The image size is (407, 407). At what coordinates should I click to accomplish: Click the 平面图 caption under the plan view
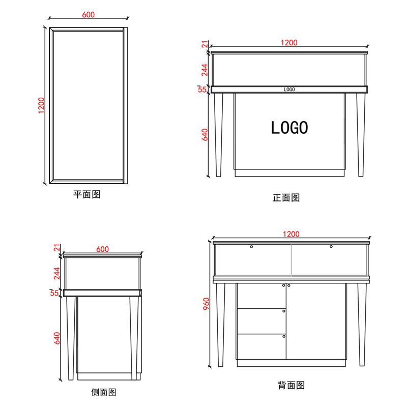click(87, 195)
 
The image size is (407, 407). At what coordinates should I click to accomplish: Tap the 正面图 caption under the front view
click(286, 197)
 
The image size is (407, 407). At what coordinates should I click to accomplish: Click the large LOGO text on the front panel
click(289, 128)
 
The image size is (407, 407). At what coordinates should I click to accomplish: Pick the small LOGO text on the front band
click(289, 90)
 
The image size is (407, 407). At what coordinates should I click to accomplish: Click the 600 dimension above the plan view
click(88, 16)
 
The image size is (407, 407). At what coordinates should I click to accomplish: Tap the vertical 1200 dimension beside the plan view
click(42, 106)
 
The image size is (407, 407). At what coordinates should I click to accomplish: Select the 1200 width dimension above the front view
click(288, 43)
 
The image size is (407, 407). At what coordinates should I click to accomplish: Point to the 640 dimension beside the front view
click(205, 135)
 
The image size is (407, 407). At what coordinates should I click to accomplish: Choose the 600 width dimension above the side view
click(102, 249)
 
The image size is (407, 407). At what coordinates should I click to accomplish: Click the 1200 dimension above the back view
click(291, 234)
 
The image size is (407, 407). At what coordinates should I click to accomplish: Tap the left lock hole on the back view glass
click(252, 247)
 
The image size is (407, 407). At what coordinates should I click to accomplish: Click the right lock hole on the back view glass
click(331, 247)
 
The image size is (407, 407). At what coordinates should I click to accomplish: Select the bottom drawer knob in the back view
click(283, 336)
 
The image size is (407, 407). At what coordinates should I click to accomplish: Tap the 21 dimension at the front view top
click(205, 46)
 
